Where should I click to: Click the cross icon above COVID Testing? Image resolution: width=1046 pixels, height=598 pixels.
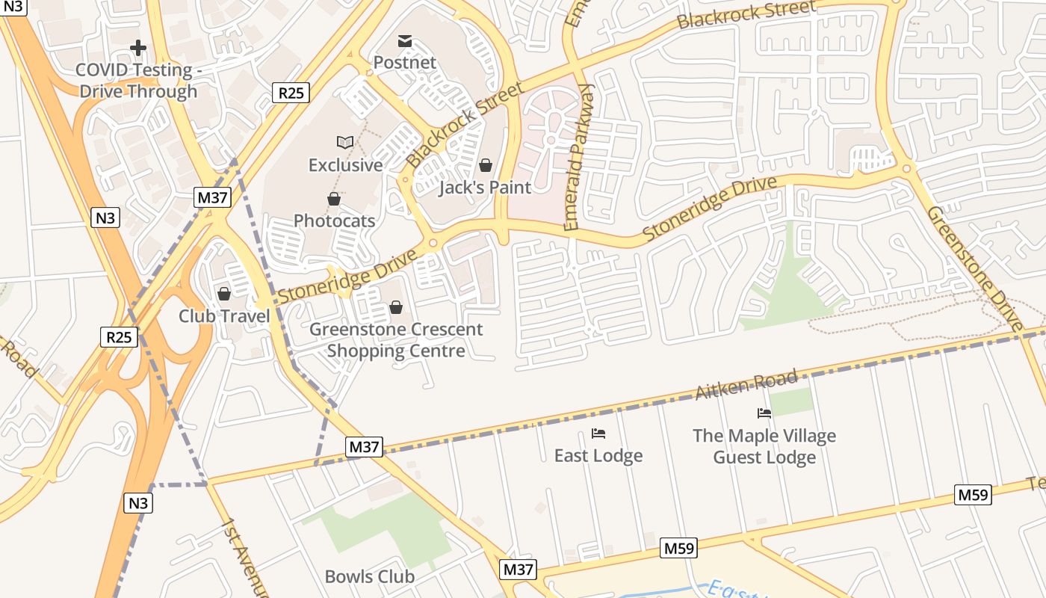(x=137, y=49)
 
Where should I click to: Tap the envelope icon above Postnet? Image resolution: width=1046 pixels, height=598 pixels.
(x=404, y=41)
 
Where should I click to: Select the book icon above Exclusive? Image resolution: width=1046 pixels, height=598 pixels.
(x=344, y=142)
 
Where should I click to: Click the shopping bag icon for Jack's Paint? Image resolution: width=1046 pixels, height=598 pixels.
(x=486, y=165)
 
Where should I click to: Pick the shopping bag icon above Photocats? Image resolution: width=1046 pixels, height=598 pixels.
(x=334, y=199)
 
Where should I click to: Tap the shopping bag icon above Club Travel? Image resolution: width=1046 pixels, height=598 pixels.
(x=223, y=294)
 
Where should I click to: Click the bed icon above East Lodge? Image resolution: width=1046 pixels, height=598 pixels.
(x=598, y=434)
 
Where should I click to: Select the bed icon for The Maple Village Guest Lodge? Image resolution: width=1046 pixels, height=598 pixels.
(x=764, y=413)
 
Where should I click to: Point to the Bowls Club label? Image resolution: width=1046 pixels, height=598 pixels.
(x=369, y=576)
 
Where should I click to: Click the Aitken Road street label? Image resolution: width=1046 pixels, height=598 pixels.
(x=746, y=385)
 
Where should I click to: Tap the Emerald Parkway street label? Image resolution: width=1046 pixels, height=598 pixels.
(x=578, y=157)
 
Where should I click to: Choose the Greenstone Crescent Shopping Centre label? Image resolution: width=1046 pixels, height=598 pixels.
(x=396, y=340)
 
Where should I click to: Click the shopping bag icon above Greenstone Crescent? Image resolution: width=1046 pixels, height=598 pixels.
(x=395, y=307)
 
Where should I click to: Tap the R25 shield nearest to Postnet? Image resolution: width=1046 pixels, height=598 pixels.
(x=290, y=93)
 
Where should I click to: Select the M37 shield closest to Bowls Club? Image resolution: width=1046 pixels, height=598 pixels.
(x=518, y=569)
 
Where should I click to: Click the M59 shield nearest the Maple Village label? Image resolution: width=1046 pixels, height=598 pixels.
(x=973, y=494)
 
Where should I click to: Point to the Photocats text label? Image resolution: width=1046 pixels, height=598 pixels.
(x=334, y=221)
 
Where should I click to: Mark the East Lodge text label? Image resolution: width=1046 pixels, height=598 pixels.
(x=598, y=455)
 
